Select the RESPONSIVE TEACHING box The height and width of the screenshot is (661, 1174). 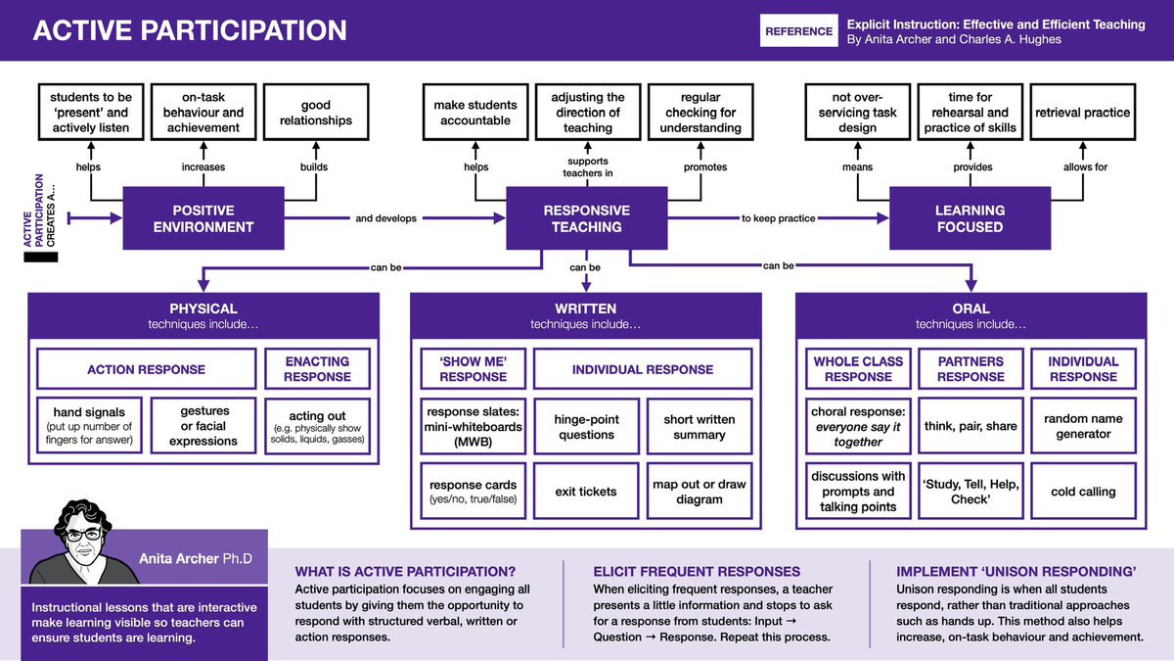click(x=586, y=218)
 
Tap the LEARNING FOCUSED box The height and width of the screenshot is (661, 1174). click(x=970, y=218)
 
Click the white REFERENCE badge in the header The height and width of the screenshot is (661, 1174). click(x=798, y=31)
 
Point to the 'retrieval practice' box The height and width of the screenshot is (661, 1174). click(x=1082, y=113)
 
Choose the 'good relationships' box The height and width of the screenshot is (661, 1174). click(x=315, y=113)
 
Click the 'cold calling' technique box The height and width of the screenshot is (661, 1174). click(x=1083, y=492)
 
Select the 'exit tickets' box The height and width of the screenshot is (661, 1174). click(x=585, y=492)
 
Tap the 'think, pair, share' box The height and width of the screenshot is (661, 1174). click(x=970, y=426)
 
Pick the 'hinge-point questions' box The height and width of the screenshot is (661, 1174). click(x=585, y=426)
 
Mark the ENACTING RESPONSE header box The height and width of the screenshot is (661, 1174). click(x=317, y=369)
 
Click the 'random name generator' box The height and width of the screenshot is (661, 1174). click(x=1083, y=426)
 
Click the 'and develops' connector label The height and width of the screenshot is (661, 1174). click(x=385, y=218)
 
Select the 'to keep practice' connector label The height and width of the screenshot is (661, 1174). click(x=778, y=218)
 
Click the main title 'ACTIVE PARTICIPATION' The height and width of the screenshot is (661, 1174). click(x=190, y=30)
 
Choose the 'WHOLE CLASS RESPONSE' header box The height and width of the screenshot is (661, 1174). click(x=858, y=369)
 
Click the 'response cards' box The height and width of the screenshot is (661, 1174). click(x=474, y=492)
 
